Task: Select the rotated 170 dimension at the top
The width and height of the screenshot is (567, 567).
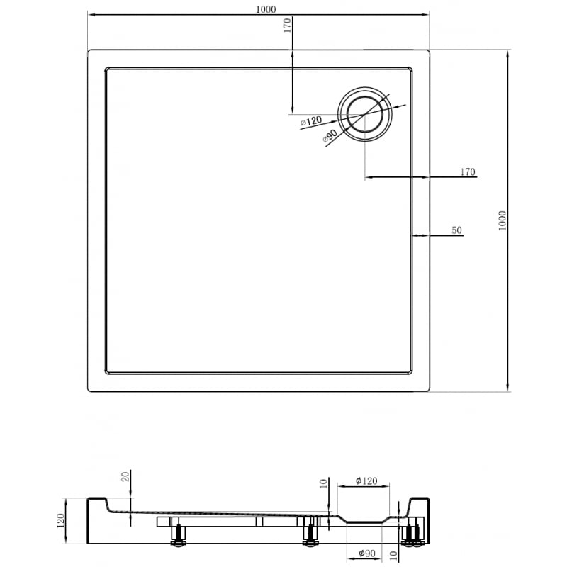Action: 286,26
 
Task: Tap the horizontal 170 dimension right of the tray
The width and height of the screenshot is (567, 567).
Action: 467,172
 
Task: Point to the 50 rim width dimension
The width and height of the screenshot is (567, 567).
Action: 456,230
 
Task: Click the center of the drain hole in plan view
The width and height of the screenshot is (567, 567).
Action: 365,114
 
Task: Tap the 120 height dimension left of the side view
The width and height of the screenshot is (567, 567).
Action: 61,521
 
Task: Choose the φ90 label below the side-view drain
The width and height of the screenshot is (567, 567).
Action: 366,554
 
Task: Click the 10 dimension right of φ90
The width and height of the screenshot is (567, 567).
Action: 395,553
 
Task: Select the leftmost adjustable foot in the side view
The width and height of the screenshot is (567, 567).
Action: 178,536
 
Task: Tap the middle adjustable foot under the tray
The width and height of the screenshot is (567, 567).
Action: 309,536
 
